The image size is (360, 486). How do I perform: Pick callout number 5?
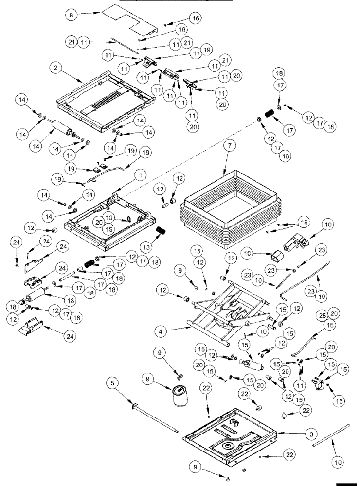click(x=113, y=383)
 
